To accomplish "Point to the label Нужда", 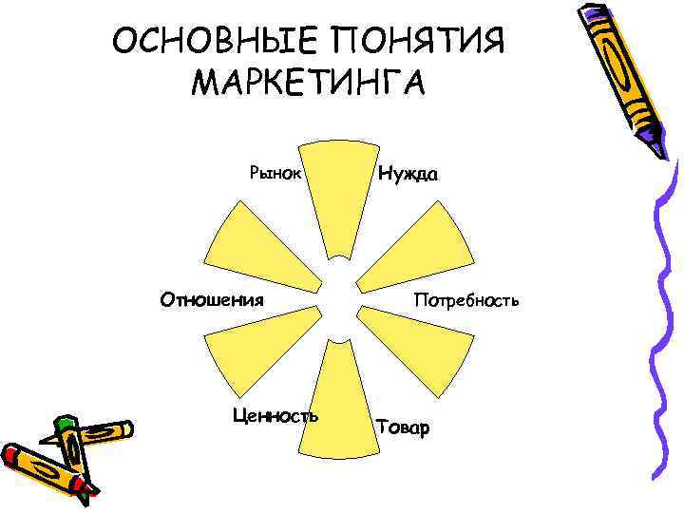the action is pyautogui.click(x=408, y=174).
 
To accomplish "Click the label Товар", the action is pyautogui.click(x=404, y=427).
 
